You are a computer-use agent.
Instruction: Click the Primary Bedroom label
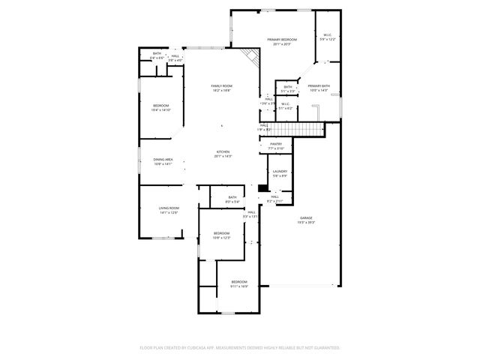click(282, 40)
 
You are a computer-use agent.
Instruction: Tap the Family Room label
click(221, 86)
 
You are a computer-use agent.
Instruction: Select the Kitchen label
click(223, 151)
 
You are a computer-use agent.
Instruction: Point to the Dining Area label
click(163, 159)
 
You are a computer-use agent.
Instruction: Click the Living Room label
click(169, 208)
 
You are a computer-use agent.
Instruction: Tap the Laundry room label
click(280, 172)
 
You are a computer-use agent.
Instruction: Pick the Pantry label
click(276, 143)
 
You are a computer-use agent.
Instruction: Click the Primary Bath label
click(319, 86)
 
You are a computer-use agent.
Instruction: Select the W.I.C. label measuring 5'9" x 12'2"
click(328, 34)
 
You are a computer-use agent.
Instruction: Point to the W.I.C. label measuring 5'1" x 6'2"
click(286, 104)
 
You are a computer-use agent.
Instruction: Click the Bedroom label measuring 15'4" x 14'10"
click(161, 106)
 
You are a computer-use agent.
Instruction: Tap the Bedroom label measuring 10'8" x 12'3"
click(220, 233)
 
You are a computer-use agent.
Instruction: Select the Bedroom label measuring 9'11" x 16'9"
click(239, 281)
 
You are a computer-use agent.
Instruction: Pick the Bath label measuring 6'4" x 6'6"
click(157, 53)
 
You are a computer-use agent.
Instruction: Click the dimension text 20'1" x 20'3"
click(282, 44)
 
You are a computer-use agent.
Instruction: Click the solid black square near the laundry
click(262, 188)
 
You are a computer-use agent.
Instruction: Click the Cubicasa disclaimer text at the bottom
click(240, 348)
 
